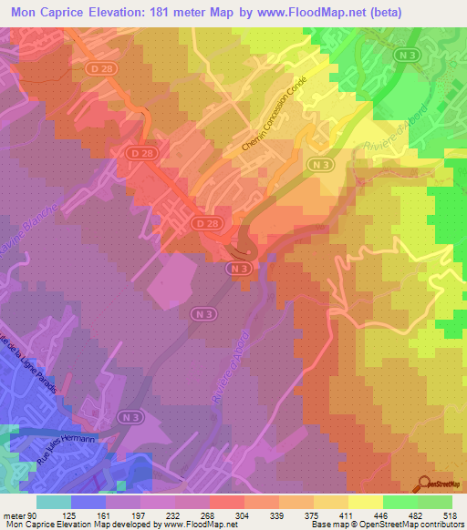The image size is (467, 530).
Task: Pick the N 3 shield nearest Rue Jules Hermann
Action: tap(134, 417)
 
